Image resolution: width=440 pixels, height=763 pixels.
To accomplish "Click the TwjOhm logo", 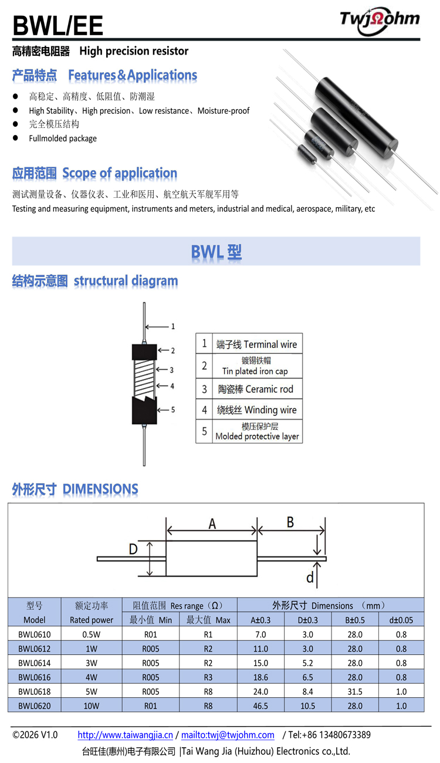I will tap(380, 19).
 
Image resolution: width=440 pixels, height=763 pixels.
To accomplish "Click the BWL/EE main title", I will tap(57, 26).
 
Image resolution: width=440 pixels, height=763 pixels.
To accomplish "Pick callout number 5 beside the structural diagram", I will tap(173, 410).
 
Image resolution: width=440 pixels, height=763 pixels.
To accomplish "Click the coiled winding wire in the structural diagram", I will tap(144, 376).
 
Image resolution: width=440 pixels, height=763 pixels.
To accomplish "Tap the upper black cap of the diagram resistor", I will tap(144, 351).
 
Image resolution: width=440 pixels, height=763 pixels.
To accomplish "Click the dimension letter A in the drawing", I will tap(212, 524).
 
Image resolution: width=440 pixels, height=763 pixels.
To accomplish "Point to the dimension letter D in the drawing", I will tap(133, 549).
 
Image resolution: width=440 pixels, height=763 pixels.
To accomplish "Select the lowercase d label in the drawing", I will tap(310, 578).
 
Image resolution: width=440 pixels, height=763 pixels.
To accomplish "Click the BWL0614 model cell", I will tap(35, 663).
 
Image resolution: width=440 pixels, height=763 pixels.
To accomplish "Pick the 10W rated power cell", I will tap(92, 705).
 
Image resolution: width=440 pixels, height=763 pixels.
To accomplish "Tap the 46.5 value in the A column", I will tap(260, 705).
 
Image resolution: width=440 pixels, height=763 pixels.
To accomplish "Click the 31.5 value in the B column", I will tap(355, 691).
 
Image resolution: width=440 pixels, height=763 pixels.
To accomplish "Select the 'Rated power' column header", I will tap(92, 620).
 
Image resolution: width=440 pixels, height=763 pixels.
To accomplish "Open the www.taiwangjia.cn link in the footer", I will tap(125, 735).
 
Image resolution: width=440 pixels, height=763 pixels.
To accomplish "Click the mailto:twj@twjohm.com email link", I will tap(228, 735).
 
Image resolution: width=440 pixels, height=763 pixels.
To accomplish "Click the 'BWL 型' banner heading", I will tap(216, 252).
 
